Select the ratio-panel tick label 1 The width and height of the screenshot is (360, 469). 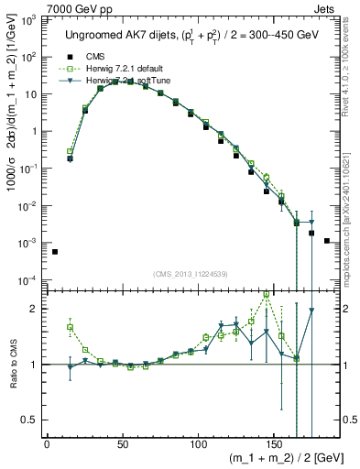click(x=33, y=365)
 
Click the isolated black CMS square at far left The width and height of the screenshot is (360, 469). click(x=55, y=252)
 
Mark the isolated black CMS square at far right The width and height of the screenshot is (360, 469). click(x=327, y=241)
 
